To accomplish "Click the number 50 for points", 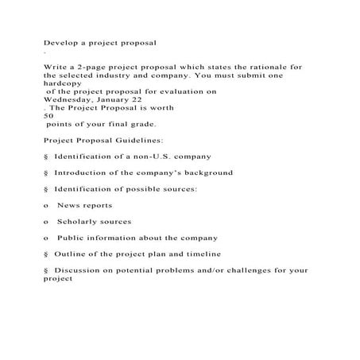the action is [x=48, y=116].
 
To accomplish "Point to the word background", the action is [x=207, y=172].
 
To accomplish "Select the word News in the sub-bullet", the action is [x=69, y=205].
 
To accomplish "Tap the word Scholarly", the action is [x=79, y=221].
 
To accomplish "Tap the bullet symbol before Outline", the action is [x=46, y=254].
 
